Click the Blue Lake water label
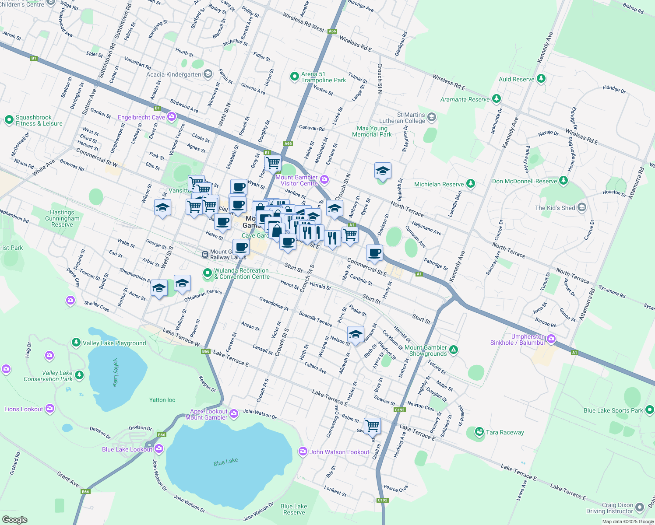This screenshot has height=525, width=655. click(225, 462)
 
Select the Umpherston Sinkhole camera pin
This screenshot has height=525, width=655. click(551, 339)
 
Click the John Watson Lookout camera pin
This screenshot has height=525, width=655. click(303, 451)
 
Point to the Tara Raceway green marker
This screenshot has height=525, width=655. click(479, 432)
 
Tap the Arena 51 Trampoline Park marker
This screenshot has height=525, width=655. click(295, 77)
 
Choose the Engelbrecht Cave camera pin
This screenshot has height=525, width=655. click(172, 116)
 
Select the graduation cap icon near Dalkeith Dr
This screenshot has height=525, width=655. click(383, 171)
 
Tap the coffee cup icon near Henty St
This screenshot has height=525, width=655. click(375, 252)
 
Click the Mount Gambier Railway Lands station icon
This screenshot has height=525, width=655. click(205, 254)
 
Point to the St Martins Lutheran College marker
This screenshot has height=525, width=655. click(432, 117)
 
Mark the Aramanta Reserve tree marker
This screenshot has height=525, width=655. click(496, 98)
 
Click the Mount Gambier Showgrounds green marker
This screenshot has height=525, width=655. click(454, 350)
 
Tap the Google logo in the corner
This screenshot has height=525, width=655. click(14, 519)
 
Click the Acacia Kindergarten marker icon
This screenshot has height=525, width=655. click(208, 74)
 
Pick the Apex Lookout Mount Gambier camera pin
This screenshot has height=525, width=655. click(234, 413)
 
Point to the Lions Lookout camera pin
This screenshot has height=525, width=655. click(50, 409)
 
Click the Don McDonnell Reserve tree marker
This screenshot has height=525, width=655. click(563, 180)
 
